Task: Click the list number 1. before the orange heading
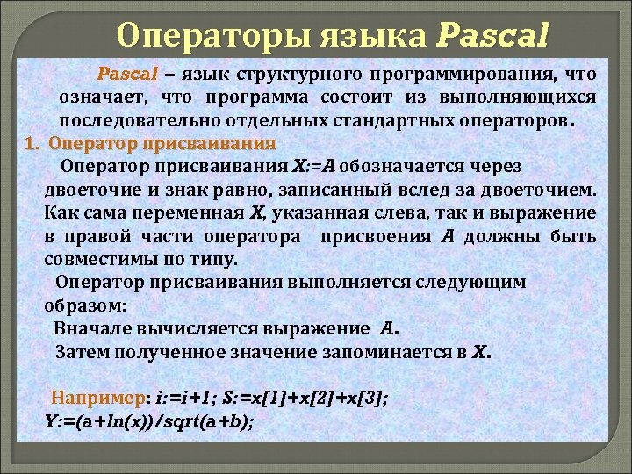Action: pyautogui.click(x=32, y=142)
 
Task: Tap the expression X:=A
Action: pyautogui.click(x=312, y=166)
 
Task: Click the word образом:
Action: pyautogui.click(x=84, y=306)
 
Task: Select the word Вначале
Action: pyautogui.click(x=90, y=329)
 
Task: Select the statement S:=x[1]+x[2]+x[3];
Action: pyautogui.click(x=305, y=398)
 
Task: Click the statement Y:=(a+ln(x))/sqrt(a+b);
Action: pyautogui.click(x=149, y=420)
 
